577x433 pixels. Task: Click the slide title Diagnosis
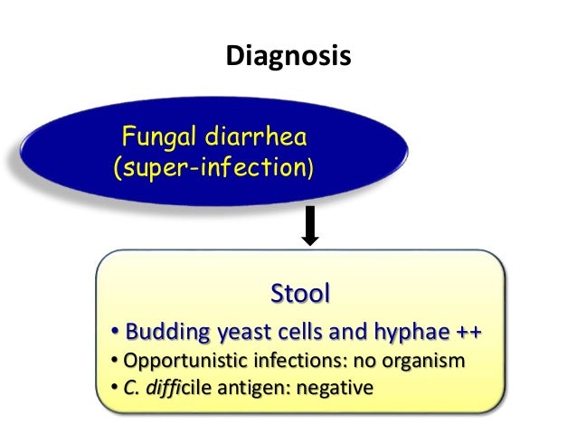tap(288, 57)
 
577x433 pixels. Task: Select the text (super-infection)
tap(213, 168)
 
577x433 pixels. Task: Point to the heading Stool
tap(300, 294)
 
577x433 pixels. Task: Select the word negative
tap(336, 390)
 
